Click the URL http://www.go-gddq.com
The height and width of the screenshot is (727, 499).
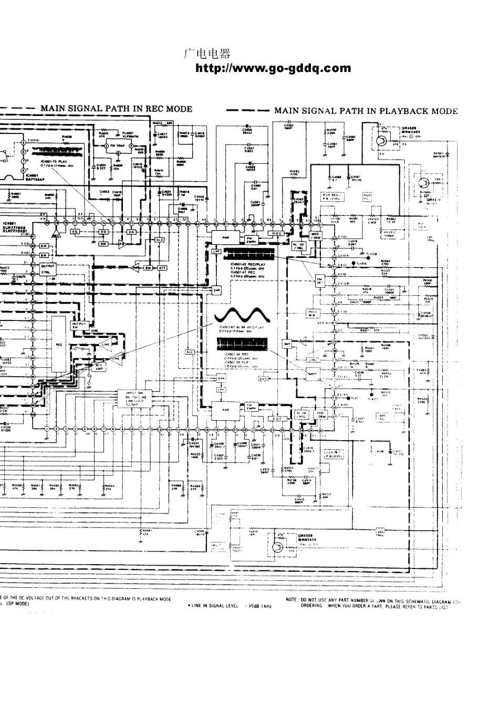(273, 68)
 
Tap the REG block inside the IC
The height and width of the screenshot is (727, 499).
(59, 345)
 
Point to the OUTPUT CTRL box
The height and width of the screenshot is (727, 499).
(48, 269)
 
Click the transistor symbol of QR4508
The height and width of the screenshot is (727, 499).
(277, 546)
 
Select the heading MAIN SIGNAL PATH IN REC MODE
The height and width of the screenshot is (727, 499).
(117, 109)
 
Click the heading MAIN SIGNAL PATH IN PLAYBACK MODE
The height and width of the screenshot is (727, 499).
(366, 111)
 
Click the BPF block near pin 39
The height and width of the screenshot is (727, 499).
(287, 344)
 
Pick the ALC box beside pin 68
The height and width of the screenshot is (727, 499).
(160, 239)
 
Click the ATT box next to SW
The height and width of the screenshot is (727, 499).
(162, 267)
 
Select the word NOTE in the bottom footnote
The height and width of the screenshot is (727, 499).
(293, 599)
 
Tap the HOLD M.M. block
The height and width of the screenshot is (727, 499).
(313, 314)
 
